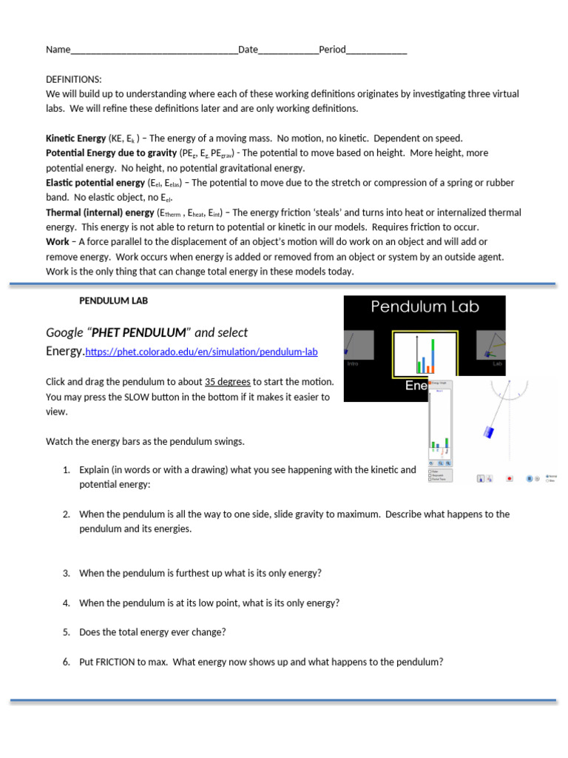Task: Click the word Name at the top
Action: tap(58, 50)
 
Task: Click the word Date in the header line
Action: tap(248, 50)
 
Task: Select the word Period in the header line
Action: tap(332, 50)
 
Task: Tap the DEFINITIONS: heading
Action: tap(74, 79)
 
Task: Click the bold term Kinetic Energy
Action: tap(76, 138)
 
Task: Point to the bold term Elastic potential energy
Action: tap(95, 183)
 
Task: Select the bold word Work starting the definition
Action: tap(58, 242)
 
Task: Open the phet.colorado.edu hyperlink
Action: tap(202, 352)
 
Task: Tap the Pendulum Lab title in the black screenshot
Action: tap(425, 306)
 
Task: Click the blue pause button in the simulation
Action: tap(530, 478)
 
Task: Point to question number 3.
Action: tap(66, 573)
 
